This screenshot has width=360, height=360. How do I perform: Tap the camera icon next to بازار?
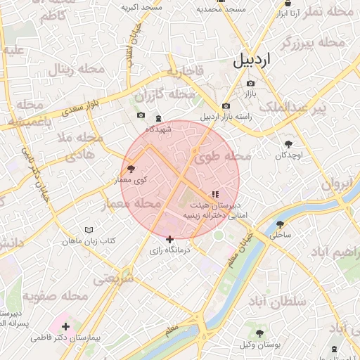click(x=250, y=84)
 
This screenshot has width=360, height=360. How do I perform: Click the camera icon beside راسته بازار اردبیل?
click(x=226, y=106)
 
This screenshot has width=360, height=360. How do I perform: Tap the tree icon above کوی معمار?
click(x=131, y=169)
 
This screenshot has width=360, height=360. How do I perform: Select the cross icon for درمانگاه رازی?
click(x=169, y=240)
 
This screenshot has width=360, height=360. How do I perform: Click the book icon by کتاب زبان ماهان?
click(x=89, y=230)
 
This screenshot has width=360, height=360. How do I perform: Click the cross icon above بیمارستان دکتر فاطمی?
click(x=65, y=326)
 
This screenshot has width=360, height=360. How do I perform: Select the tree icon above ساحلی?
click(x=280, y=224)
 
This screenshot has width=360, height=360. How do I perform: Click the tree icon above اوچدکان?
click(x=288, y=143)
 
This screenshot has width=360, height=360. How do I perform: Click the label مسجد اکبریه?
click(x=141, y=7)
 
